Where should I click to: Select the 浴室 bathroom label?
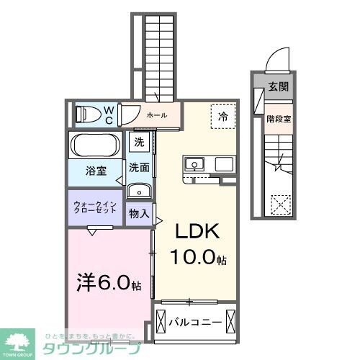coord(97,171)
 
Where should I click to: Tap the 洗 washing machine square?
coord(139,142)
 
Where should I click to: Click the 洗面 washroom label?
coord(139,168)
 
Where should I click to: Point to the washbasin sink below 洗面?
coord(138,191)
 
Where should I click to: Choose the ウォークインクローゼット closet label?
coord(96,207)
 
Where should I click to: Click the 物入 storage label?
coord(139,213)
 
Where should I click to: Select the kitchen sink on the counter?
coord(194,165)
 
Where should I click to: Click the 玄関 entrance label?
coord(279,87)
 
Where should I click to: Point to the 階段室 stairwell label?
coord(279,119)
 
